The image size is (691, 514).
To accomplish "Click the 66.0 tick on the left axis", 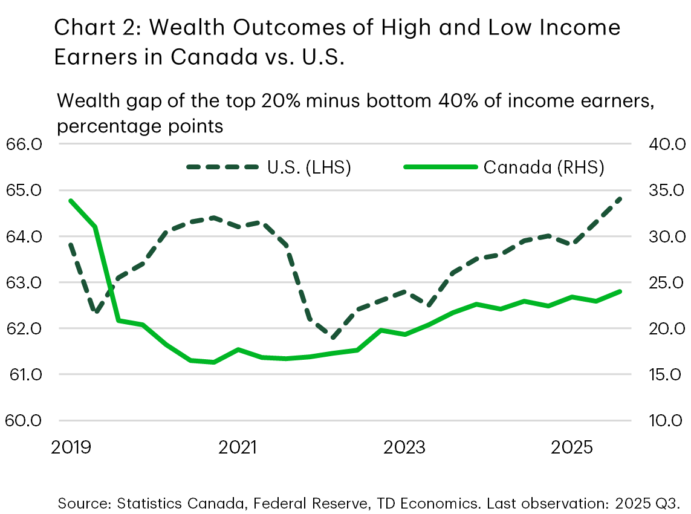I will pyautogui.click(x=24, y=145).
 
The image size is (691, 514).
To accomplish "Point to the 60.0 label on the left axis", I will pyautogui.click(x=24, y=420).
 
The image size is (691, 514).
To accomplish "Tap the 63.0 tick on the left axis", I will pyautogui.click(x=24, y=283).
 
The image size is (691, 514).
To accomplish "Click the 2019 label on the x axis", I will pyautogui.click(x=71, y=448).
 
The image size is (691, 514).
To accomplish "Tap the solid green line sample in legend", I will pyautogui.click(x=439, y=168).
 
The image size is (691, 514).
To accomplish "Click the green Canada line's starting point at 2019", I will pyautogui.click(x=71, y=200).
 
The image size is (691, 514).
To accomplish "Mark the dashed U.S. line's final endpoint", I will pyautogui.click(x=621, y=198).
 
